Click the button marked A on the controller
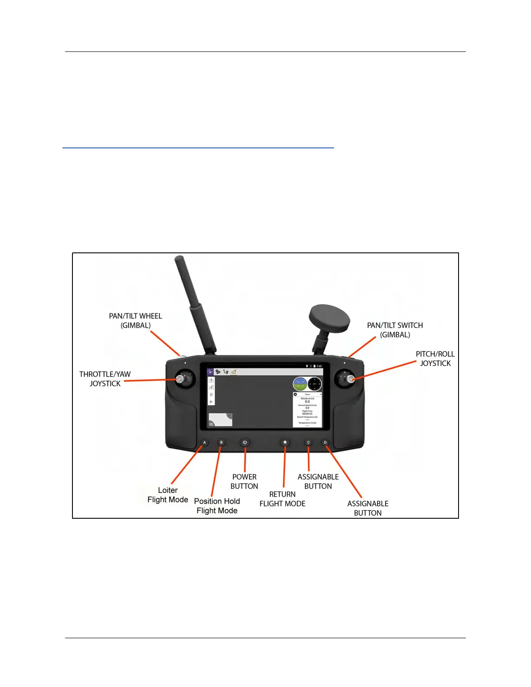tap(205, 442)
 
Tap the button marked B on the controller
tap(221, 442)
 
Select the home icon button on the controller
tap(285, 442)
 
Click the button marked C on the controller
tap(308, 442)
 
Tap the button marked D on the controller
tap(325, 442)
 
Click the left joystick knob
tap(179, 379)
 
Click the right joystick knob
tap(351, 379)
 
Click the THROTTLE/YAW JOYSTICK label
tap(105, 379)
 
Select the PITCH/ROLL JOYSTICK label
tap(435, 359)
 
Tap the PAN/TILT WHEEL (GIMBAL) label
tap(135, 321)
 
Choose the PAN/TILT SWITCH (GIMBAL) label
tap(395, 330)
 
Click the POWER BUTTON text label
tap(244, 481)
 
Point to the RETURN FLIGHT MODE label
tap(282, 499)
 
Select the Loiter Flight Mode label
tap(168, 495)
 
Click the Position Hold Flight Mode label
tap(217, 506)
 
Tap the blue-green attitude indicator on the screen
tap(300, 384)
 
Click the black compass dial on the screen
tap(315, 384)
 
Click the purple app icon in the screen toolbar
tap(210, 372)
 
